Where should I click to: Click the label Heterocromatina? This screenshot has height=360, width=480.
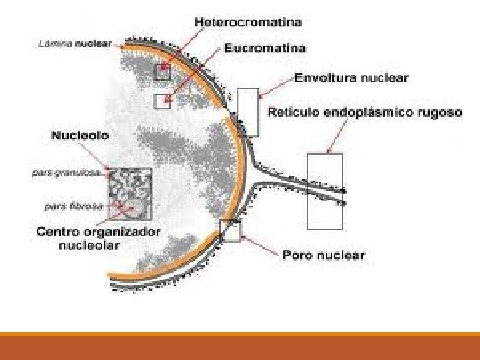coord(247,22)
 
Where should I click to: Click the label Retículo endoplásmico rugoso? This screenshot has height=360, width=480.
coord(364,113)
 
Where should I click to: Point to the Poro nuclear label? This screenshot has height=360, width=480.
coord(323,254)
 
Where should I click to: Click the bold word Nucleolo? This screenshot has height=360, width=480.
coord(80,135)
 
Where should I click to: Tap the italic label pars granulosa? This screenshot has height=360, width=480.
coord(67,172)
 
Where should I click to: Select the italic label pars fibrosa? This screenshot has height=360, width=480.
coord(72,206)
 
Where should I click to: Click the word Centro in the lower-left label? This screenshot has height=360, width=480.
coord(58,232)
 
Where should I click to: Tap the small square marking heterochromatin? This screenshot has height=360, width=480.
coord(163,71)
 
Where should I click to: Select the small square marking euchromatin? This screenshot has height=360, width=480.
coord(163,101)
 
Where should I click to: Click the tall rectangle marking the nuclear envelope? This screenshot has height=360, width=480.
coord(247,111)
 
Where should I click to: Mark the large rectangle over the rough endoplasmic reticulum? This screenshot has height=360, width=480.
coord(325,191)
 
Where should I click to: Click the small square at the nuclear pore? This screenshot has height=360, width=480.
coord(230,230)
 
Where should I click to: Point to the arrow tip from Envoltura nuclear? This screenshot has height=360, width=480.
coord(261,94)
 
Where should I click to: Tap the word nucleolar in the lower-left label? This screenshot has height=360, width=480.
coord(87,245)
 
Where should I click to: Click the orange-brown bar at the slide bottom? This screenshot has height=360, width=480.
coord(240,347)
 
